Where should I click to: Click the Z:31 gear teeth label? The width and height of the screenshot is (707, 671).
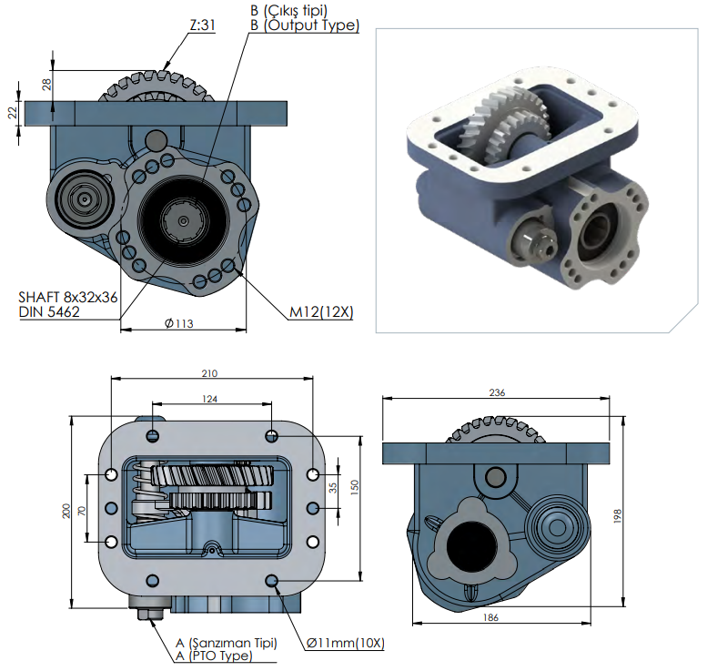point(202,26)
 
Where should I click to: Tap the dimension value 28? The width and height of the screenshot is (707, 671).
point(46,84)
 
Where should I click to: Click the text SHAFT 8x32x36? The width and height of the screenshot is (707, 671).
point(68,297)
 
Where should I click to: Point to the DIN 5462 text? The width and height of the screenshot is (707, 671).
point(49,312)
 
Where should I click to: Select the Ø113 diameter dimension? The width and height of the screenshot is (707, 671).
point(182,323)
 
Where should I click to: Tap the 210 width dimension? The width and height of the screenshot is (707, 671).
point(210,373)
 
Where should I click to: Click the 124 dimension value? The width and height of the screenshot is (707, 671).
point(210,399)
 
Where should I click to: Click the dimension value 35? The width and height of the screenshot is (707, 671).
point(332,488)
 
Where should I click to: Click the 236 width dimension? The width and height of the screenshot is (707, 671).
point(496,393)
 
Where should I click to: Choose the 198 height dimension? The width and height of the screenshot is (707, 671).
point(617,516)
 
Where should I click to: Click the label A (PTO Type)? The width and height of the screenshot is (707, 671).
point(213,656)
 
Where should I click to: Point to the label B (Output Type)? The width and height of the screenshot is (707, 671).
point(304,25)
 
